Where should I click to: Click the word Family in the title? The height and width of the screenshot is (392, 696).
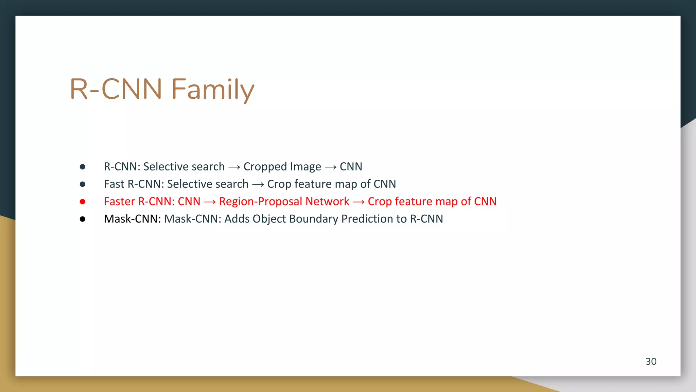[x=213, y=89]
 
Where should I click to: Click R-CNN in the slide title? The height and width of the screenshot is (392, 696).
[x=116, y=89]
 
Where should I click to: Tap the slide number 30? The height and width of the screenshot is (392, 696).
[x=650, y=361]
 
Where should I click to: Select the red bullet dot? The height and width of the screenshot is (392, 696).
[x=83, y=202]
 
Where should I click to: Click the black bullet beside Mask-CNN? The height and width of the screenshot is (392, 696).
[x=83, y=219]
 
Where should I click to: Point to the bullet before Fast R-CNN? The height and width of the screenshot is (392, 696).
[x=83, y=184]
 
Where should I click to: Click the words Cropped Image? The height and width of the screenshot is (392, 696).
[x=282, y=167]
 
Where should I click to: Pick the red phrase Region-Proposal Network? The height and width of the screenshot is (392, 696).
[x=284, y=201]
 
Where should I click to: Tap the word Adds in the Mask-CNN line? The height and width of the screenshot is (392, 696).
[x=237, y=219]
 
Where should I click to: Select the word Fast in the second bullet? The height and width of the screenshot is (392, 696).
[x=114, y=184]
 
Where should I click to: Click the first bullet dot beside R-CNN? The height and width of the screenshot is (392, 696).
[x=83, y=167]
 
